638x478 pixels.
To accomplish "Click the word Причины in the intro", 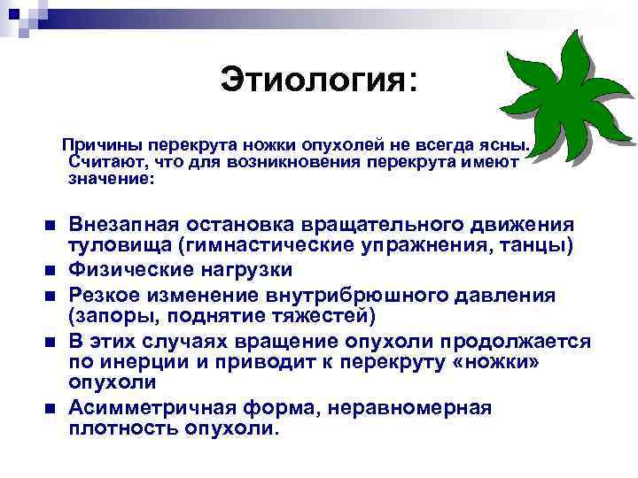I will click(102, 143).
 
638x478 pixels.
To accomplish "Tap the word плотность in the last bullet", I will click(121, 429).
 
